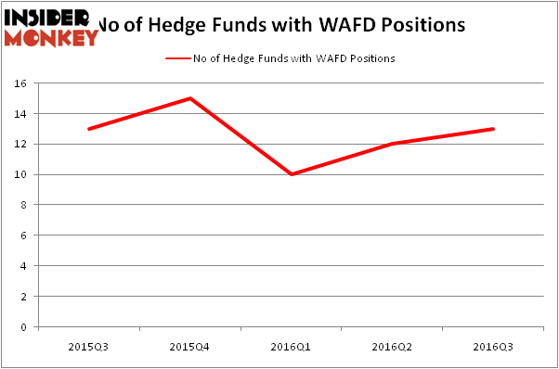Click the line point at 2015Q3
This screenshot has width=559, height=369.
pos(88,129)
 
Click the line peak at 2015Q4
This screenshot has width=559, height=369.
pos(189,98)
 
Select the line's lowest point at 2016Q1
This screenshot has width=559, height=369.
pos(291,174)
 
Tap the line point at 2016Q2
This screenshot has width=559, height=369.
pos(392,144)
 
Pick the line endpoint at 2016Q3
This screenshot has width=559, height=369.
pos(493,129)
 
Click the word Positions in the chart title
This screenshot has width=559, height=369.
pos(415,25)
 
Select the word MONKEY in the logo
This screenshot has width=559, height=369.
pos(51,38)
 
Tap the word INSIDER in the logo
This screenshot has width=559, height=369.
pos(46,17)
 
